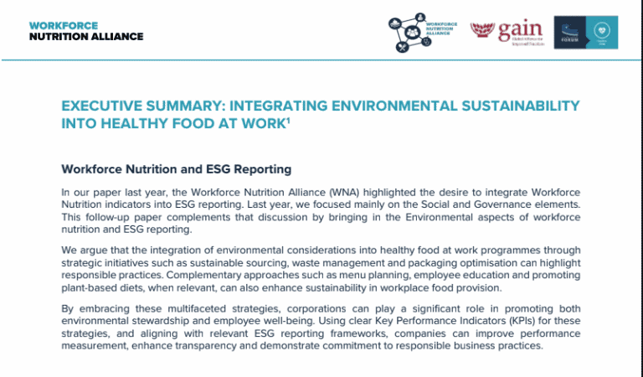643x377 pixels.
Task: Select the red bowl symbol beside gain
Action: coord(481,32)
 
